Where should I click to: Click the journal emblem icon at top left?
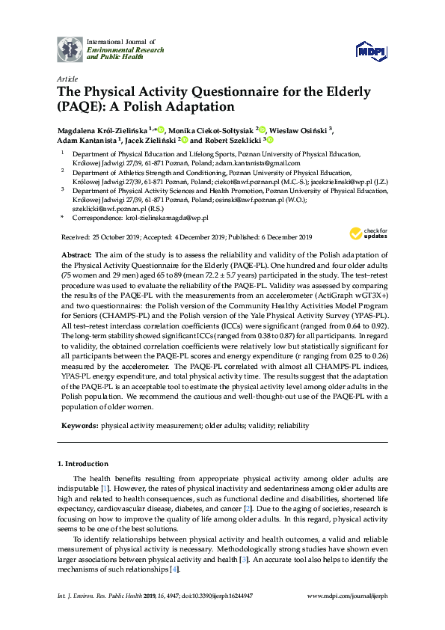70,49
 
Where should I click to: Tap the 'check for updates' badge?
368,233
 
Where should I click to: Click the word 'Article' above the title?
67,79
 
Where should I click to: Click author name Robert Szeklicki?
231,139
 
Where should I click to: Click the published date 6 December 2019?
280,237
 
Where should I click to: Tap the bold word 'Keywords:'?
79,425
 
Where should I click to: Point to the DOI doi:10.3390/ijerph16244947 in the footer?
203,594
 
